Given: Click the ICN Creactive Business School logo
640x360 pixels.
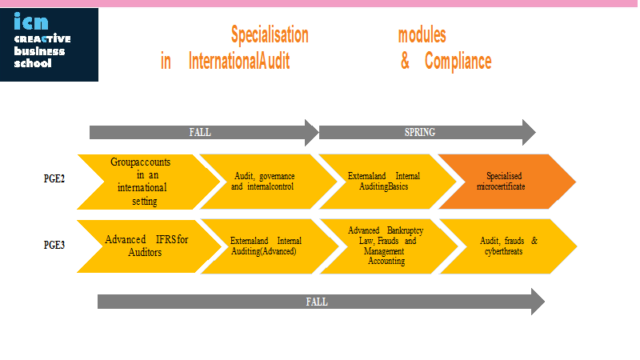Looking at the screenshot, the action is [x=49, y=45].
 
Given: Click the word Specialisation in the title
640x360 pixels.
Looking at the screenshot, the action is [x=270, y=34].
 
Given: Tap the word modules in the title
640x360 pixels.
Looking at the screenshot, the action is [x=422, y=35].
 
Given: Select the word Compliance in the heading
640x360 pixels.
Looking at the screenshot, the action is [x=458, y=62].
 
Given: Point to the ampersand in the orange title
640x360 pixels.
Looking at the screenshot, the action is [x=405, y=61].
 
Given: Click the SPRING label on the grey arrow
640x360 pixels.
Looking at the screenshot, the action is [x=419, y=132].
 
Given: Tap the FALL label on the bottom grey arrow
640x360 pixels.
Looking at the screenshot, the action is [x=317, y=302].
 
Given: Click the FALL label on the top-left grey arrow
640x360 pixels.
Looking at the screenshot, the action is [x=200, y=132].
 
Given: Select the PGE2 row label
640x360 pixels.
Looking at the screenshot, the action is [x=54, y=178].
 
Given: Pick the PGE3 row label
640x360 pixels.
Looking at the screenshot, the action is [x=54, y=245].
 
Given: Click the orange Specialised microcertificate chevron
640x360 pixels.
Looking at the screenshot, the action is [x=507, y=182].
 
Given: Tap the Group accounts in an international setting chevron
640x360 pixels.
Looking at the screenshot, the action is [x=149, y=182].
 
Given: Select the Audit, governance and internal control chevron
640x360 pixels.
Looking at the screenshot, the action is [x=268, y=182].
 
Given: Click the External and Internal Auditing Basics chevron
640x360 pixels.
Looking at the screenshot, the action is [x=387, y=182].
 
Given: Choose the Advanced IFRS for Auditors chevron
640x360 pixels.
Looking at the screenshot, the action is [x=150, y=246].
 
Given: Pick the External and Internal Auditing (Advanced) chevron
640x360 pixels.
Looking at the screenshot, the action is [x=270, y=246].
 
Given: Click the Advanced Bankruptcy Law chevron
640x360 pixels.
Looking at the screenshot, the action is [x=389, y=246].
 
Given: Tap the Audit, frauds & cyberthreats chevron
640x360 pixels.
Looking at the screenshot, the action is [x=508, y=246].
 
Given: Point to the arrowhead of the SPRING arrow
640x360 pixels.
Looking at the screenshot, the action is [x=529, y=132].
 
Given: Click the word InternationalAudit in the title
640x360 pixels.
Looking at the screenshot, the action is [x=239, y=62].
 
